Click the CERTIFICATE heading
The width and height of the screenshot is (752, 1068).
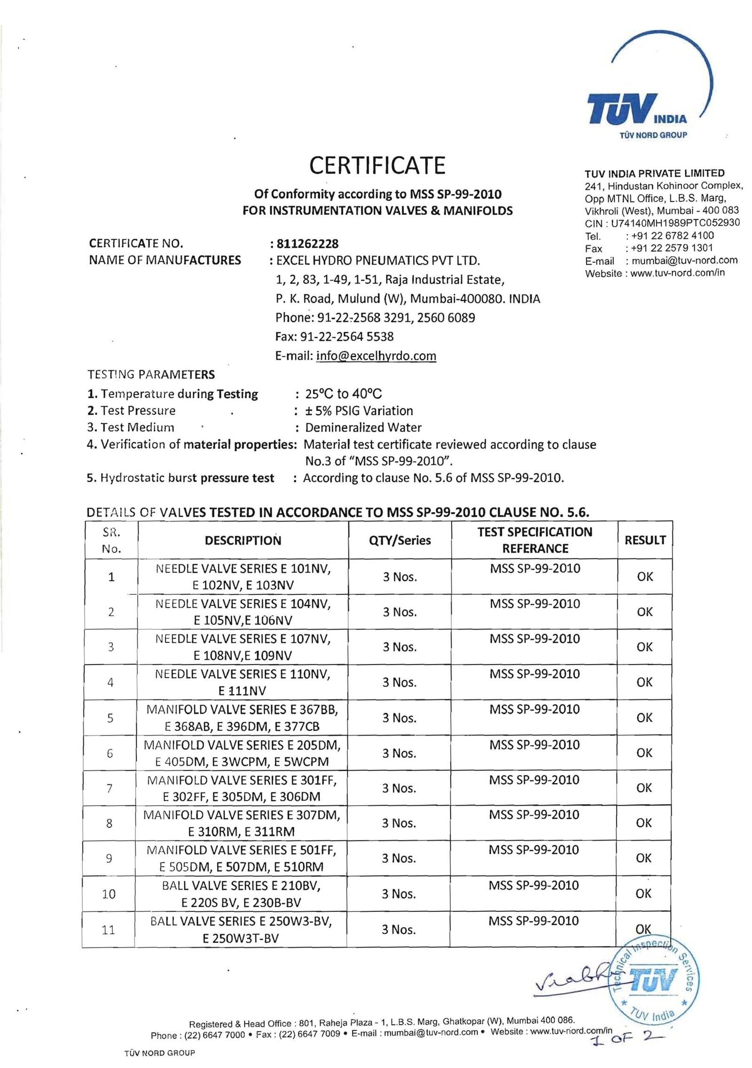[377, 165]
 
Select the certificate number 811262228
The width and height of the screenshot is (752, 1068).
[307, 244]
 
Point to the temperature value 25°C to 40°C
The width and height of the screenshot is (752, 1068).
[343, 394]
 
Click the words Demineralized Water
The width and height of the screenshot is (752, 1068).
[363, 427]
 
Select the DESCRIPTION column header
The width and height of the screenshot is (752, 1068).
[243, 540]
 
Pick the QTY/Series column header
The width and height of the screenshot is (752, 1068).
[400, 540]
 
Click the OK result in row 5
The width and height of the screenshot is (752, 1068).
[644, 718]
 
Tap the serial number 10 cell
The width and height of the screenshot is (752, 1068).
[109, 894]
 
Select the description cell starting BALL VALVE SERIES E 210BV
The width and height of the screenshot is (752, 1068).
[242, 894]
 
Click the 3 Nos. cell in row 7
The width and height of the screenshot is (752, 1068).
[399, 788]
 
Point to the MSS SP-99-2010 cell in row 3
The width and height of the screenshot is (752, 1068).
[535, 639]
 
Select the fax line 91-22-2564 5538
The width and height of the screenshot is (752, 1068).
[335, 337]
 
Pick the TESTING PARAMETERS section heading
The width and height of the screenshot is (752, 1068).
[151, 375]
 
